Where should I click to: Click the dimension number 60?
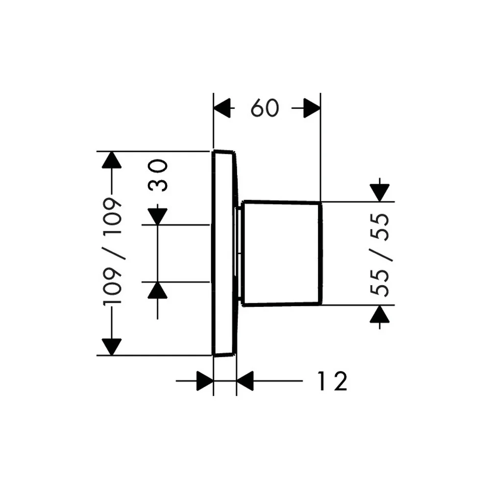pyautogui.click(x=265, y=108)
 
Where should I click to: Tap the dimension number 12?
pyautogui.click(x=333, y=381)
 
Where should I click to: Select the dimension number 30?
pyautogui.click(x=158, y=175)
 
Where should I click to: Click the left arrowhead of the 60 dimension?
pyautogui.click(x=222, y=108)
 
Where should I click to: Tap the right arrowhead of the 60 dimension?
pyautogui.click(x=312, y=108)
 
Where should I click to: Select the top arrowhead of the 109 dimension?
pyautogui.click(x=112, y=160)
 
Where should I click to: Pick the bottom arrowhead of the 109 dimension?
pyautogui.click(x=112, y=347)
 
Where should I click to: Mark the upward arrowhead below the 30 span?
pyautogui.click(x=157, y=290)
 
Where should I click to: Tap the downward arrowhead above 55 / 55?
pyautogui.click(x=380, y=193)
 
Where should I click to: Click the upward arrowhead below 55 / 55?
pyautogui.click(x=380, y=314)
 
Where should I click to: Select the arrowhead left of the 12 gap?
pyautogui.click(x=205, y=381)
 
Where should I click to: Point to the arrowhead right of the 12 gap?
pyautogui.click(x=245, y=381)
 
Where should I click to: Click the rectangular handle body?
pyautogui.click(x=282, y=253)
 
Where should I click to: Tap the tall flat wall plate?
pyautogui.click(x=224, y=253)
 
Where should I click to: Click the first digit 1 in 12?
pyautogui.click(x=322, y=381)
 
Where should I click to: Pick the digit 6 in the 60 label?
pyautogui.click(x=257, y=108)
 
